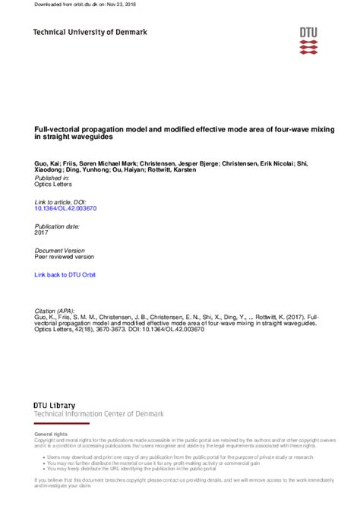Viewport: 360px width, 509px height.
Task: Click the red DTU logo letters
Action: tap(308, 32)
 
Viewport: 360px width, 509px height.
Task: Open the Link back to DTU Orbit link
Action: tap(65, 273)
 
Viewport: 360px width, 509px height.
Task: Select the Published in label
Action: tap(52, 176)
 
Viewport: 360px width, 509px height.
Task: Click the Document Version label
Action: tap(60, 250)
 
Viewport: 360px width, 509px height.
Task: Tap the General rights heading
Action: tap(51, 432)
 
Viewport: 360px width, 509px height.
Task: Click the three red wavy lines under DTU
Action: tap(308, 47)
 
